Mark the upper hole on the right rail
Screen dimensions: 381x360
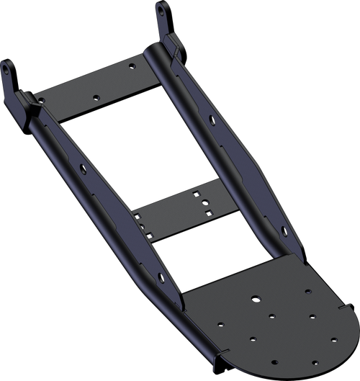(x=210, y=117)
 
